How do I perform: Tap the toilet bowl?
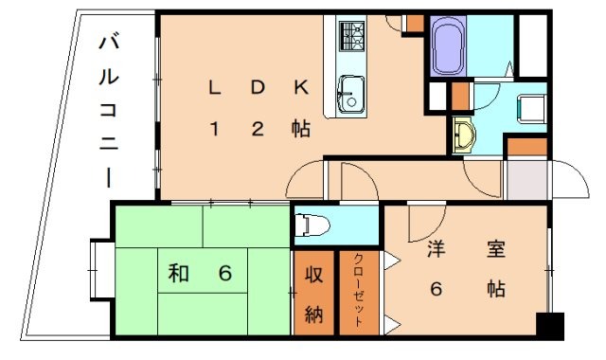coord(308,226)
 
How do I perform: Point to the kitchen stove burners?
coord(352,36)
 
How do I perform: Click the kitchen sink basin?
coord(348,94)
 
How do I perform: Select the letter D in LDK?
coord(257,88)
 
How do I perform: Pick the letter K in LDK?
coord(300,88)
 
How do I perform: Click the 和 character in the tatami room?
coord(177,275)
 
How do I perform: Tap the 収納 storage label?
coord(314,295)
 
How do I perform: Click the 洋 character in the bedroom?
coord(437,252)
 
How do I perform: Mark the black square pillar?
coord(548,325)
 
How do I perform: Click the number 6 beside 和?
coord(224,275)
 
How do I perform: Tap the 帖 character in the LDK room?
coord(300,131)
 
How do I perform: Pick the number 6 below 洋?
coord(437,290)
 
